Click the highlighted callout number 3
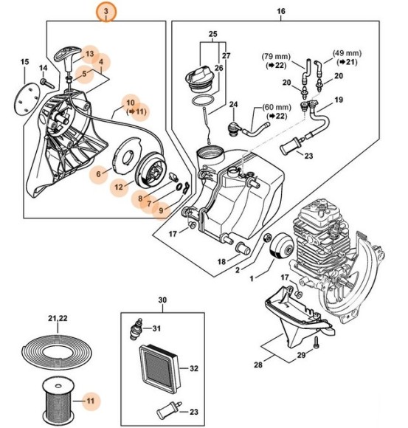[108, 13]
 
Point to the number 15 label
[24, 61]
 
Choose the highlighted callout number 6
[97, 174]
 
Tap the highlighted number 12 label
[118, 188]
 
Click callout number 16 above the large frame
[280, 13]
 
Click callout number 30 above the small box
[162, 300]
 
